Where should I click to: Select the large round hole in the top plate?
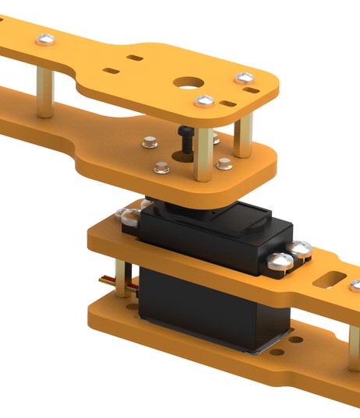(x=188, y=83)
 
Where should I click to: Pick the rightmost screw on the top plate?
(x=245, y=78)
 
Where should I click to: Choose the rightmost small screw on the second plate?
(x=224, y=163)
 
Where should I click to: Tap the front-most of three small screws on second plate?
(x=162, y=167)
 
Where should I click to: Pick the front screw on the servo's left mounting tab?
(x=125, y=216)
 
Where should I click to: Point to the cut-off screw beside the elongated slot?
(x=355, y=286)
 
